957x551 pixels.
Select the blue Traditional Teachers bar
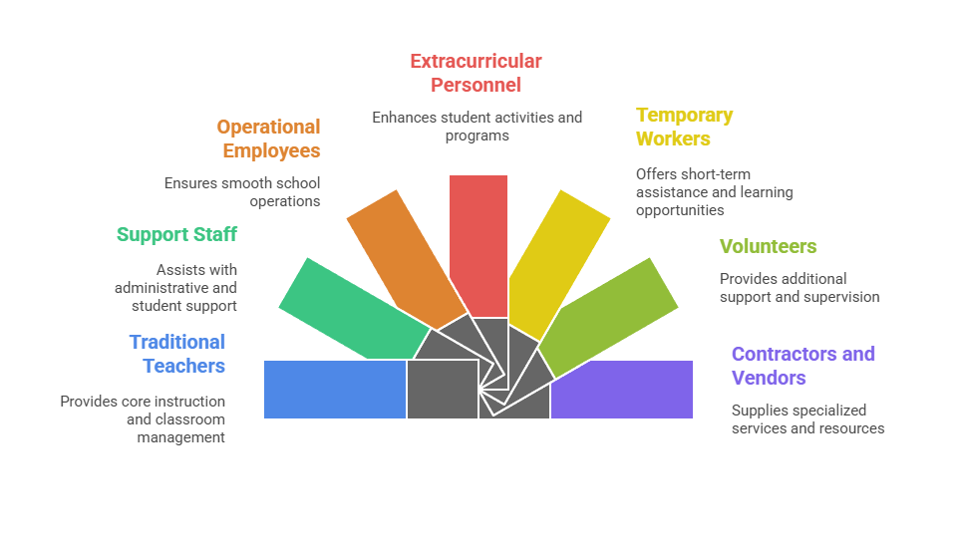tap(335, 389)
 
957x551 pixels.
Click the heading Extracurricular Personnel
tap(476, 73)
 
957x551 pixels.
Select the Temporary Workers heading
tap(684, 127)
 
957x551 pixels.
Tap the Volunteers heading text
tap(768, 246)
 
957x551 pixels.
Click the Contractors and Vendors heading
tap(802, 366)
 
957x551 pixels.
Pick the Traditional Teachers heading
tap(177, 354)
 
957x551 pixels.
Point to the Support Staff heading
tap(176, 234)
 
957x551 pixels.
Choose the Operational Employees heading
tap(269, 138)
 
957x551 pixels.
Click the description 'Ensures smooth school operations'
tap(242, 192)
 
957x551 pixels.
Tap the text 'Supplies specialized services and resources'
tap(807, 418)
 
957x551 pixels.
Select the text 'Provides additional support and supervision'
tap(799, 288)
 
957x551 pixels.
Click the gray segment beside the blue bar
tap(441, 389)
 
